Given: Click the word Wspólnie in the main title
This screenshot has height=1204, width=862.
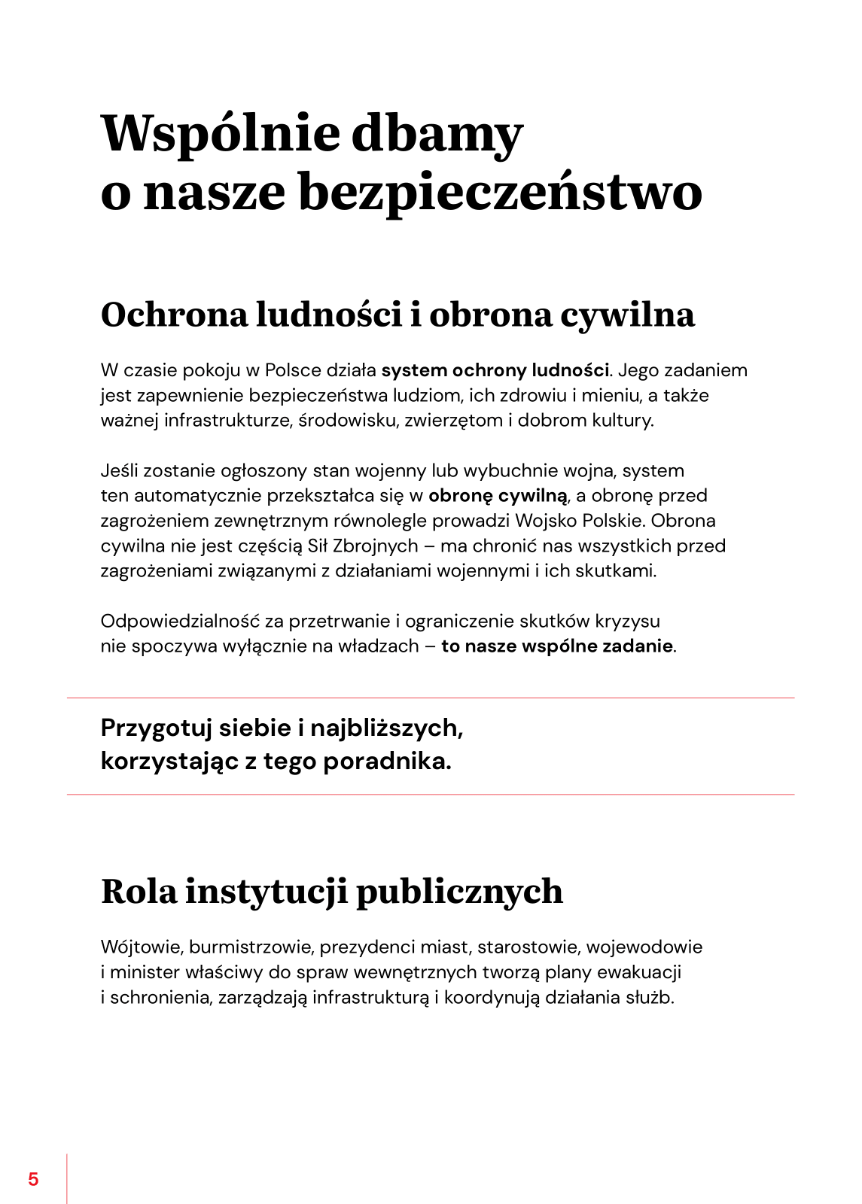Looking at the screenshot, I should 220,133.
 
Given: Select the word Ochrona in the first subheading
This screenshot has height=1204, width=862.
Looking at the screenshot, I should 174,315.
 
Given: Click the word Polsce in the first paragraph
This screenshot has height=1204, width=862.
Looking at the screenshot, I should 293,370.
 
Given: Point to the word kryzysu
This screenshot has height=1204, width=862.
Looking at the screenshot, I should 627,622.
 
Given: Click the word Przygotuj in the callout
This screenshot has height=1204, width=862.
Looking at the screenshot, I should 155,728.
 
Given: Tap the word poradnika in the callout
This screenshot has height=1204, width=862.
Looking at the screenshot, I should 385,762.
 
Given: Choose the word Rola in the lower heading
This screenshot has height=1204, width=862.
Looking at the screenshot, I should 139,892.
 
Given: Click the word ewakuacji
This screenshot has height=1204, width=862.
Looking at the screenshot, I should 639,972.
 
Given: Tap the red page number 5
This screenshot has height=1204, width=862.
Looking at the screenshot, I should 33,1179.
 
